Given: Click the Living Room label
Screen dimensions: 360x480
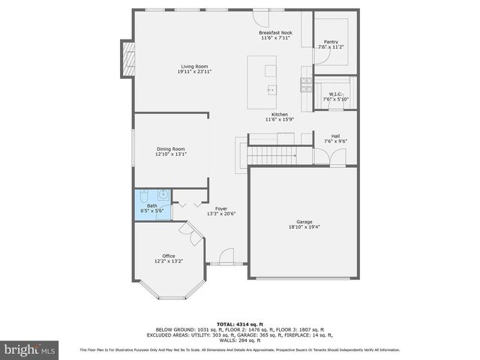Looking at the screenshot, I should tap(194, 66).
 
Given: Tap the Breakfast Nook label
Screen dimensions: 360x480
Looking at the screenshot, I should tap(274, 33).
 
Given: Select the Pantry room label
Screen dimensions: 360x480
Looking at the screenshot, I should tap(331, 42).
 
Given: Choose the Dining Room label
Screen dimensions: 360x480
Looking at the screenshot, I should tap(170, 149).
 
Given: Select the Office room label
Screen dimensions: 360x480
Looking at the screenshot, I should tap(169, 256).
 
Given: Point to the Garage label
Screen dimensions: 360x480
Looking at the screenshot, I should tap(304, 222).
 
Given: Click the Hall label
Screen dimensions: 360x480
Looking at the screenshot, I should tap(335, 136).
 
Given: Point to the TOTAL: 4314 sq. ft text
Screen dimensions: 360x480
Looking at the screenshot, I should tap(239, 324).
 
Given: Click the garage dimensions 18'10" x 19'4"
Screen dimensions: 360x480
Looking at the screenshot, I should tap(304, 227).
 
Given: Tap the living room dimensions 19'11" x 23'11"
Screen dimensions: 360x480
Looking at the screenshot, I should tap(194, 72).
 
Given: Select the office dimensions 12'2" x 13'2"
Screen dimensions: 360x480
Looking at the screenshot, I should tap(169, 261).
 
